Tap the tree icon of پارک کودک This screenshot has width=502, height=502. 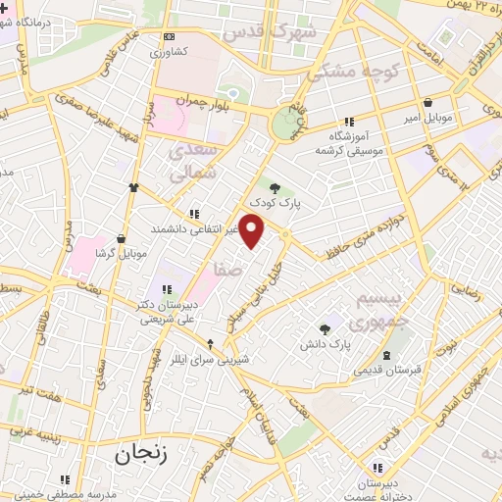pyautogui.click(x=275, y=189)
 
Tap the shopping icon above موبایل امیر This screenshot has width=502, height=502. pyautogui.click(x=427, y=102)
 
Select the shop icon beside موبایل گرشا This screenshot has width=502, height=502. pyautogui.click(x=121, y=237)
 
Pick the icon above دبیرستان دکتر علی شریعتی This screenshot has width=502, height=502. pyautogui.click(x=167, y=288)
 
